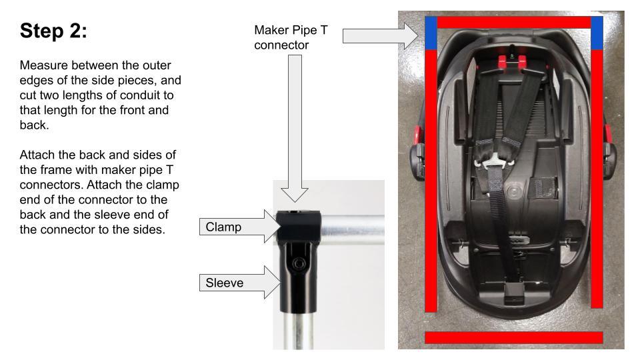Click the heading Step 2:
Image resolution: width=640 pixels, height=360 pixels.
(x=53, y=31)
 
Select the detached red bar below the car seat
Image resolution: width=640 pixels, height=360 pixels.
(x=513, y=337)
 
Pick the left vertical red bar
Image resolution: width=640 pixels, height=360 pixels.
(x=431, y=180)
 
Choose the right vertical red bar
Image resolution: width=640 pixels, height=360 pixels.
(x=597, y=180)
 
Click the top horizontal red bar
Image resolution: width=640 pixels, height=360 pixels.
(x=513, y=23)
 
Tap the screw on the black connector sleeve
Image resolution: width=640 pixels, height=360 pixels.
(x=297, y=265)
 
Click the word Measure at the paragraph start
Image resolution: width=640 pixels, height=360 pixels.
(x=42, y=66)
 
